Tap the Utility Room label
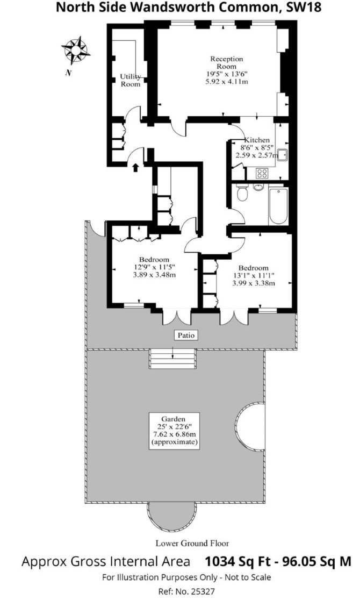131,80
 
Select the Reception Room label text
227,62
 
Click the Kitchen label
257,140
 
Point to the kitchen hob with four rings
262,173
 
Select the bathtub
278,206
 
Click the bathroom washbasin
259,187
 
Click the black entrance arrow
135,167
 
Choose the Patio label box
186,335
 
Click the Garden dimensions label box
174,431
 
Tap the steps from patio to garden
172,359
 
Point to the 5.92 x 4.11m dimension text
227,81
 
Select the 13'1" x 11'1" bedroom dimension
253,275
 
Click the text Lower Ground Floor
192,543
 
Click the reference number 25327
201,591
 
